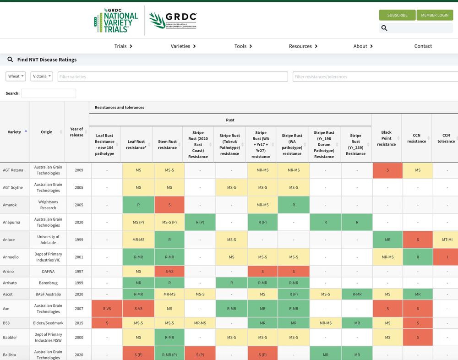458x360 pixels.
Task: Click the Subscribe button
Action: click(x=397, y=15)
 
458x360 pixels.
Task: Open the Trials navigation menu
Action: click(x=123, y=46)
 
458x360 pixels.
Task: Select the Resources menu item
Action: click(x=303, y=46)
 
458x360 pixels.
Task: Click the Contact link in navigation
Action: click(x=423, y=46)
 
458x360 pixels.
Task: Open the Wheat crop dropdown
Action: click(x=16, y=76)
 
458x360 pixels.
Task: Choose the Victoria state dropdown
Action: click(x=42, y=76)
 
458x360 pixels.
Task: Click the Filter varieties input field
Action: click(x=173, y=76)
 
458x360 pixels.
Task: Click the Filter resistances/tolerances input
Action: click(x=375, y=76)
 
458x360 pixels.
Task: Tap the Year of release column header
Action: click(x=76, y=132)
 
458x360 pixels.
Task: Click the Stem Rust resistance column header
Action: click(x=167, y=144)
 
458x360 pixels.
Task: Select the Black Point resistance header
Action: click(x=386, y=138)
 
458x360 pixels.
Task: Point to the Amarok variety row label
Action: click(x=9, y=205)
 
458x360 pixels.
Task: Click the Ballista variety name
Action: click(x=9, y=355)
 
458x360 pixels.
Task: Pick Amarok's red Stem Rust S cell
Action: click(x=169, y=205)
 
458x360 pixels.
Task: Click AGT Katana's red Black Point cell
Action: click(x=387, y=170)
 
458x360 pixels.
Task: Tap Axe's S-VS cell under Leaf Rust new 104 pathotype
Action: click(x=105, y=309)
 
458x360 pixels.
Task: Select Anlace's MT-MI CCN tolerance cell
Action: click(x=445, y=240)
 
